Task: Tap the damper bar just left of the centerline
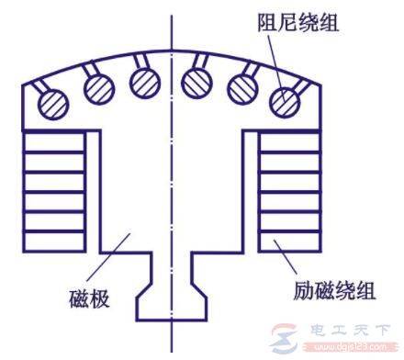click(x=144, y=82)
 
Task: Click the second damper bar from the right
click(x=243, y=88)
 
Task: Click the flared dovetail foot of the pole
click(x=171, y=303)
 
